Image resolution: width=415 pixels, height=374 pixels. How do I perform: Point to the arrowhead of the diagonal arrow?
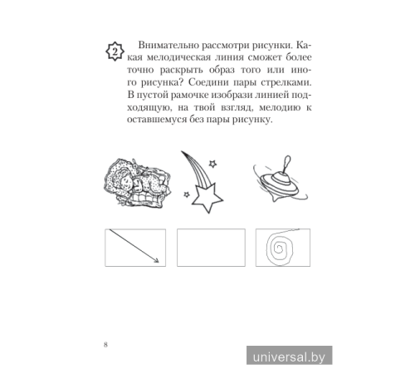154,261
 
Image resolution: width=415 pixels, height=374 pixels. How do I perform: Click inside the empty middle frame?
211,249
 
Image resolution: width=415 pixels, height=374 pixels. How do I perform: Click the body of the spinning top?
278,182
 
